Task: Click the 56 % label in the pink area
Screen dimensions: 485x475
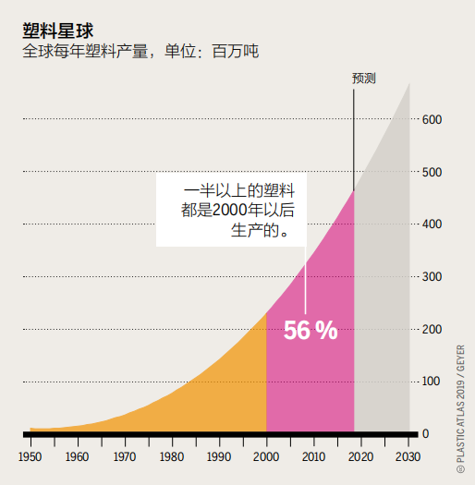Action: click(310, 330)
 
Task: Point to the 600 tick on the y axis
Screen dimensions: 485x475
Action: click(431, 120)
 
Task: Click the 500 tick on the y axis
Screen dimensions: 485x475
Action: click(431, 173)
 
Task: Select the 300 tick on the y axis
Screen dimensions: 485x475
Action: click(431, 277)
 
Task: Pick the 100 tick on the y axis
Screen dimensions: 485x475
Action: click(431, 382)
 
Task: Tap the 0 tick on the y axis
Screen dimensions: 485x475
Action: click(424, 434)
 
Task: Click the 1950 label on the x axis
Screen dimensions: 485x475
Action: click(30, 456)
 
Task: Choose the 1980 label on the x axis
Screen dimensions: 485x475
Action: click(172, 456)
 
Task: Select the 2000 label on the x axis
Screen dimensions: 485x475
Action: click(266, 456)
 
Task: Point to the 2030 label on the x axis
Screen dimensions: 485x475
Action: click(408, 456)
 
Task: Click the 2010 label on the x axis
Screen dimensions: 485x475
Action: click(313, 456)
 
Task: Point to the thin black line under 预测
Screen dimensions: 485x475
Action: click(354, 139)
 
